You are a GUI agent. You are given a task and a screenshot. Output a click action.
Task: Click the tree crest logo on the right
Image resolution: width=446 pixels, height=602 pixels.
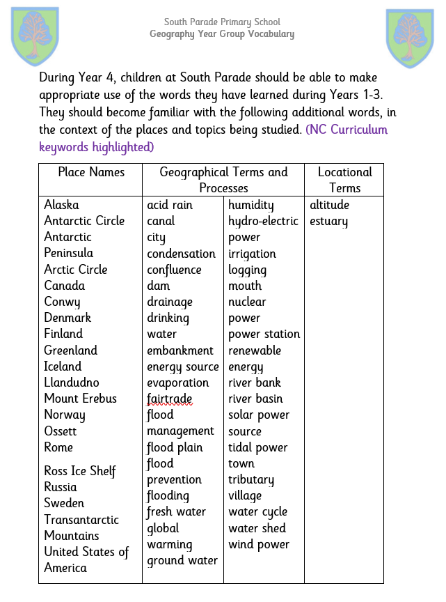click(410, 38)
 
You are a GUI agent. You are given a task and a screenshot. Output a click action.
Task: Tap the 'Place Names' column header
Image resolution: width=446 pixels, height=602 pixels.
click(91, 172)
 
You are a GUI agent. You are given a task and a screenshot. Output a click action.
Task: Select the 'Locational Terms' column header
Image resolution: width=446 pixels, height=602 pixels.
click(344, 180)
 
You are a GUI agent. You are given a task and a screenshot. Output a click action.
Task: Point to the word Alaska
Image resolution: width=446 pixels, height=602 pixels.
click(61, 204)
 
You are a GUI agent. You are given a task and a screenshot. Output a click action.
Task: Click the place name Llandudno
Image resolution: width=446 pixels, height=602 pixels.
click(72, 383)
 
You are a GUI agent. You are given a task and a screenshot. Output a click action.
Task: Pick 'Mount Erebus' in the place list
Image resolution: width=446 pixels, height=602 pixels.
click(80, 399)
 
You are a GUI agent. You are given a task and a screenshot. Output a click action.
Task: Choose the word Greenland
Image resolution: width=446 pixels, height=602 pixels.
click(70, 350)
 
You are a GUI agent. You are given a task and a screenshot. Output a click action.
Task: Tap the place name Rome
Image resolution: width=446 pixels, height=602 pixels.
click(58, 447)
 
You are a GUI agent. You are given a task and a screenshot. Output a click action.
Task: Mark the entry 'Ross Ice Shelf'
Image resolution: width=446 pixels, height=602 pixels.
click(80, 471)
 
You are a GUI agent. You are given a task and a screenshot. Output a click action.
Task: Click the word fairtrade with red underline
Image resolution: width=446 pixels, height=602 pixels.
click(169, 399)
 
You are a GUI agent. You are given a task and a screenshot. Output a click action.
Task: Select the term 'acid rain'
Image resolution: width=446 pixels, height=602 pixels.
click(170, 205)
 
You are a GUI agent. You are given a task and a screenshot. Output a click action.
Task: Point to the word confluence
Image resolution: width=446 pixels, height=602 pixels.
click(174, 270)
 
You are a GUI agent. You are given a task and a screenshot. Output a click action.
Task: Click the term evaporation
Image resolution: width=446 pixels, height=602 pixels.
click(177, 383)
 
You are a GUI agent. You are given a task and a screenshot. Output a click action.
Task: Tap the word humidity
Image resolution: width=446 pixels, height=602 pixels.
click(251, 205)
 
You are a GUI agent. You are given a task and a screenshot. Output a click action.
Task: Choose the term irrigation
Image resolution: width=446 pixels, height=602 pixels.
click(252, 254)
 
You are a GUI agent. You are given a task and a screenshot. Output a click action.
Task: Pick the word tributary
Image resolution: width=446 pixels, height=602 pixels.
click(251, 479)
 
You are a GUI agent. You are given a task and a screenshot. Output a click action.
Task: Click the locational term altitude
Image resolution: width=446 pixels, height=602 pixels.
click(329, 205)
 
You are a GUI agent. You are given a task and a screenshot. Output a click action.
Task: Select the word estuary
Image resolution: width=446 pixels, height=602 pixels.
click(328, 222)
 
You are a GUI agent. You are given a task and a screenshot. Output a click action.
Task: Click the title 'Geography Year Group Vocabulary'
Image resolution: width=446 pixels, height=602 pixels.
click(222, 34)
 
